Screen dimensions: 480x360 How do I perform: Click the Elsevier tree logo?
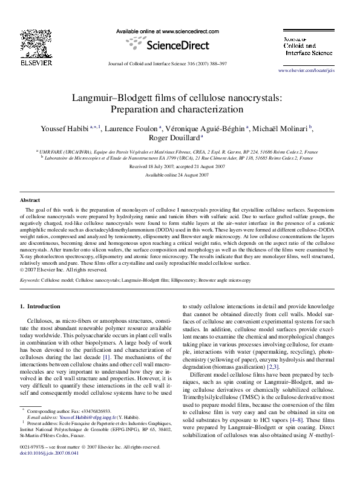(x=31, y=42)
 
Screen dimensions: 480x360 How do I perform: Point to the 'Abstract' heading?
(x=30, y=199)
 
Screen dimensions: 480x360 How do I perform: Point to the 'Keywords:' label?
(x=31, y=281)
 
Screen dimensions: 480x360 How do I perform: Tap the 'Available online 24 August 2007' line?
(x=177, y=175)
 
